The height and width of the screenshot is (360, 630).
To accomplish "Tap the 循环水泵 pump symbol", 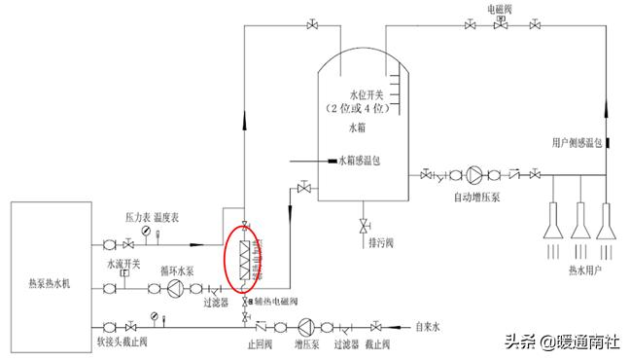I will click(176, 289).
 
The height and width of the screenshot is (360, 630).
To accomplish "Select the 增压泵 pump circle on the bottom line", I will click(308, 326).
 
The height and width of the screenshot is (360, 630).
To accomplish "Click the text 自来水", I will click(428, 327).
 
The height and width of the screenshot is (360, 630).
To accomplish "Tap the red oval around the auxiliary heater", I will click(240, 256).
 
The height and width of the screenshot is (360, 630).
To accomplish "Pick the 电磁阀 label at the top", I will click(500, 7).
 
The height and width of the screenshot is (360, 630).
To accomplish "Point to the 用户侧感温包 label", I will click(577, 142).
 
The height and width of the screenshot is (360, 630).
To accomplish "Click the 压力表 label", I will click(137, 218).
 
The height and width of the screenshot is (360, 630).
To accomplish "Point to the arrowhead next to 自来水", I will click(392, 327).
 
